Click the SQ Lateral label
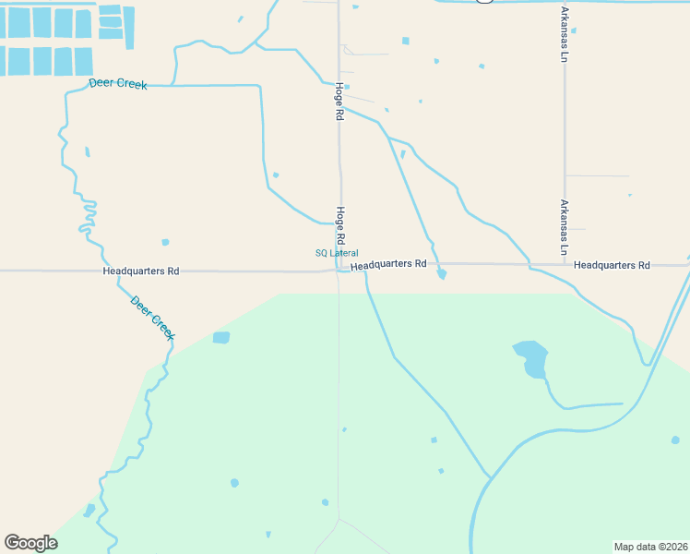(337, 253)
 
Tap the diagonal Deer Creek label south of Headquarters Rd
(152, 317)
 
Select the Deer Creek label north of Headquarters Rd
(118, 84)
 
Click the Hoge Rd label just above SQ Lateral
(340, 220)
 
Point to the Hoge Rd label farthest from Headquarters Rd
(339, 102)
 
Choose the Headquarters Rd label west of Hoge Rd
(141, 271)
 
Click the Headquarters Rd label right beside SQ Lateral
(388, 264)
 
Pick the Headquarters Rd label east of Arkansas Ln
(612, 265)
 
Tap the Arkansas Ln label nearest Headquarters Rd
(565, 227)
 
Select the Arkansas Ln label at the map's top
(565, 34)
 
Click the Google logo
(30, 542)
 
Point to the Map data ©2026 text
(650, 547)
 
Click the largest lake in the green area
(531, 358)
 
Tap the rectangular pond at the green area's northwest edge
(221, 338)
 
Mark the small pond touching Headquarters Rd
(442, 273)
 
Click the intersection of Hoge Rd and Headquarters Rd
(339, 271)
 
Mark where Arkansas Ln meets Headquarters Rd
(565, 265)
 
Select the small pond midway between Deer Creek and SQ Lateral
(165, 242)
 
